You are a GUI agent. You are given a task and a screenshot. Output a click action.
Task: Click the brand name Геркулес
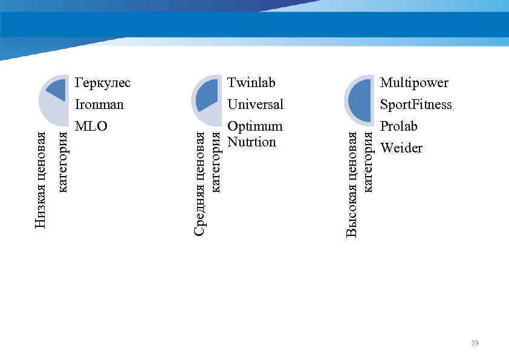[x=102, y=82]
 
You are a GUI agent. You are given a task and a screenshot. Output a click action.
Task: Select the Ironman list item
[x=99, y=104]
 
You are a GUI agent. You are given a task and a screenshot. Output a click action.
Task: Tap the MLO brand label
[x=91, y=126]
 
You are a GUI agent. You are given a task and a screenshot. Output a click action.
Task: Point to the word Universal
[x=255, y=104]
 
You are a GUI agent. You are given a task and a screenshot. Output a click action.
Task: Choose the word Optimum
[x=254, y=126]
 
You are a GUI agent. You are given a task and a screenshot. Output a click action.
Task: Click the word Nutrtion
[x=251, y=142]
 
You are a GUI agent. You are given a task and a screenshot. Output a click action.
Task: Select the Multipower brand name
[x=414, y=82]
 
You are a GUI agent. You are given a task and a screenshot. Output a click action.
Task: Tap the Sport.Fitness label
[x=415, y=104]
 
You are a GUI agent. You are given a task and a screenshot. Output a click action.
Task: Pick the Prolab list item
[x=398, y=126]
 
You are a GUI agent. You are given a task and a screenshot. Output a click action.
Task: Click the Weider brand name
[x=401, y=148]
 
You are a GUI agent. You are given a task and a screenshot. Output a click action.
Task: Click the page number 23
[x=475, y=343]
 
